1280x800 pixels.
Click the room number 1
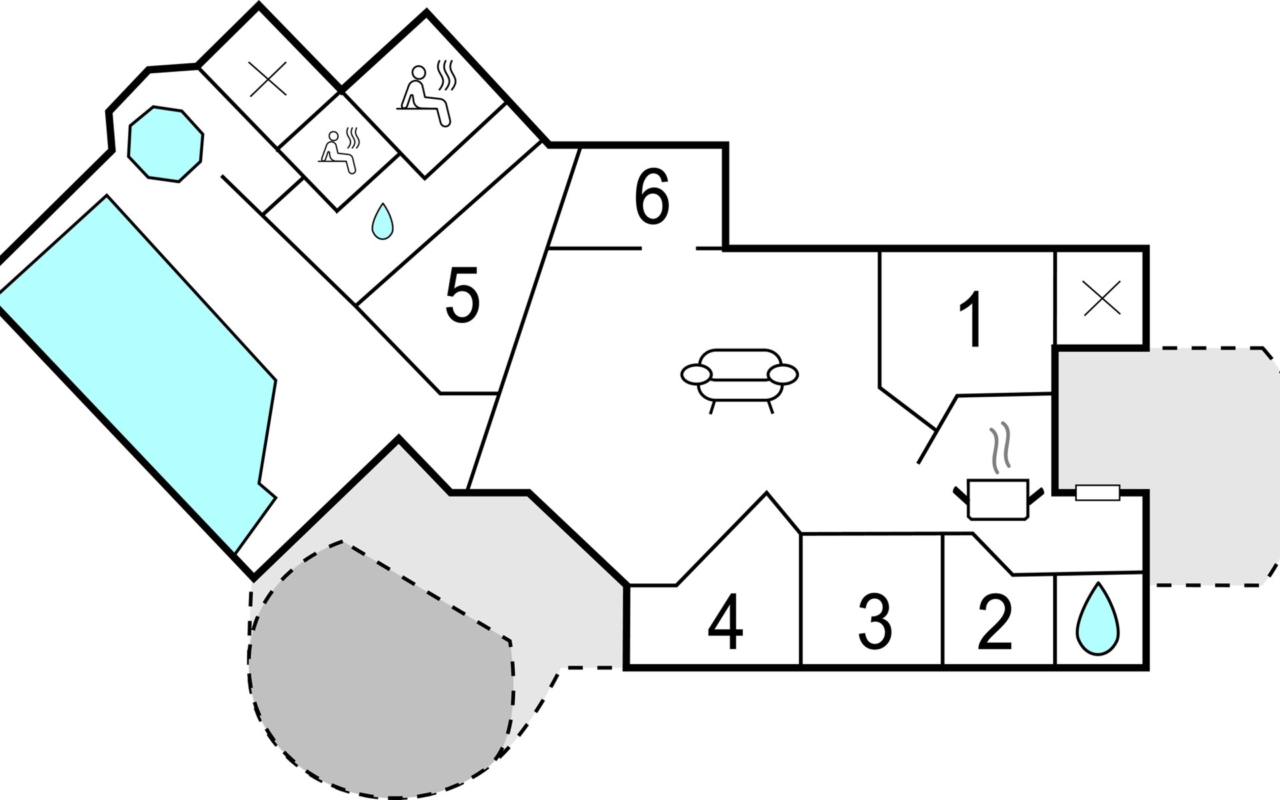click(x=971, y=319)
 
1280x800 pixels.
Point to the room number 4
click(x=726, y=622)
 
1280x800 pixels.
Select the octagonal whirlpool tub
click(x=165, y=143)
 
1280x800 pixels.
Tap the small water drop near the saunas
click(x=381, y=221)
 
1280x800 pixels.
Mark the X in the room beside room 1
click(x=1102, y=298)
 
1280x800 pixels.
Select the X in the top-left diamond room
click(x=268, y=79)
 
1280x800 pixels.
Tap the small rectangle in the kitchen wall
click(x=1098, y=493)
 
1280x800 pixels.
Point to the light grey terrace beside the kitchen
click(x=1167, y=467)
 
